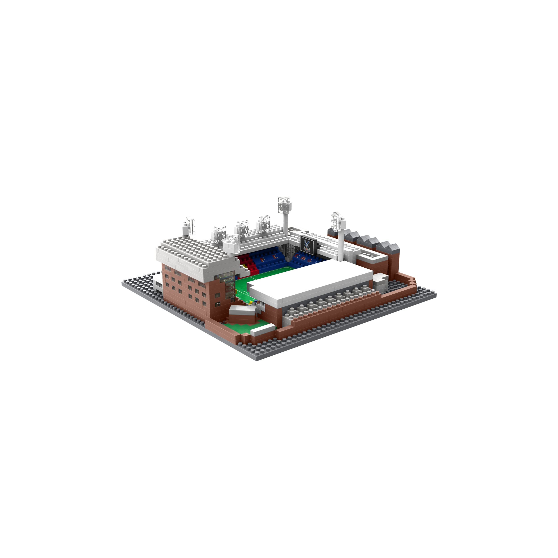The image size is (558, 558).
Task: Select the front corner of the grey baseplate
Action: click(256, 359)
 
